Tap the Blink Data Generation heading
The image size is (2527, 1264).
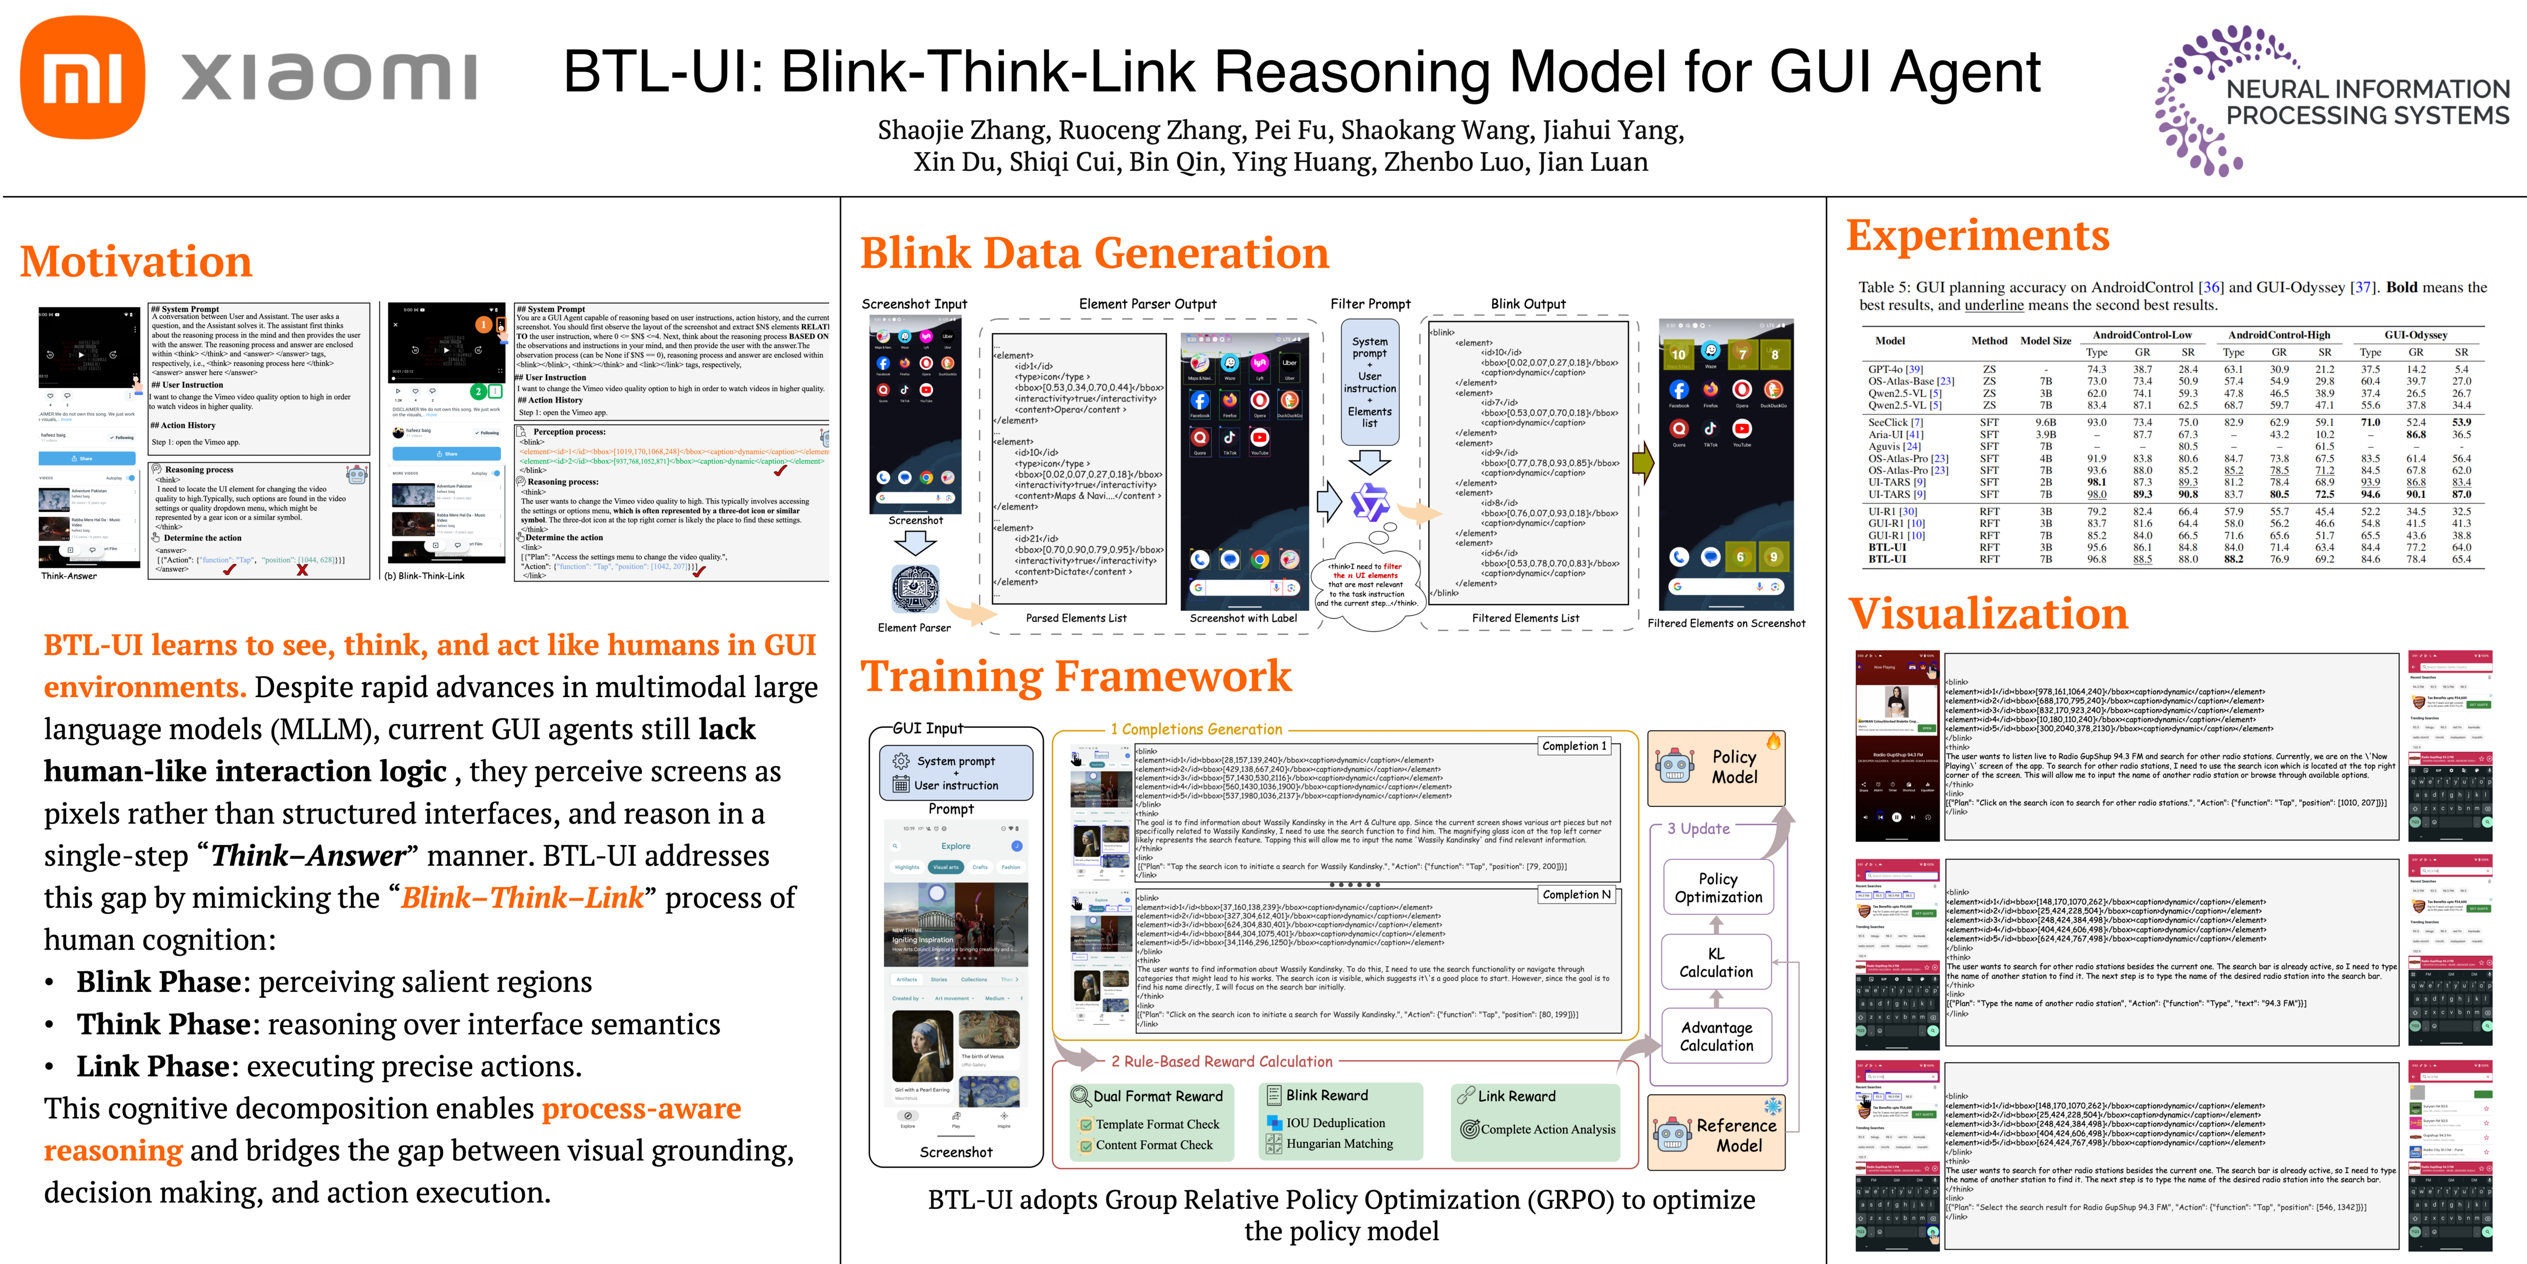pyautogui.click(x=1094, y=253)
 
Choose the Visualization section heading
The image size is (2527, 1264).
pyautogui.click(x=1988, y=614)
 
